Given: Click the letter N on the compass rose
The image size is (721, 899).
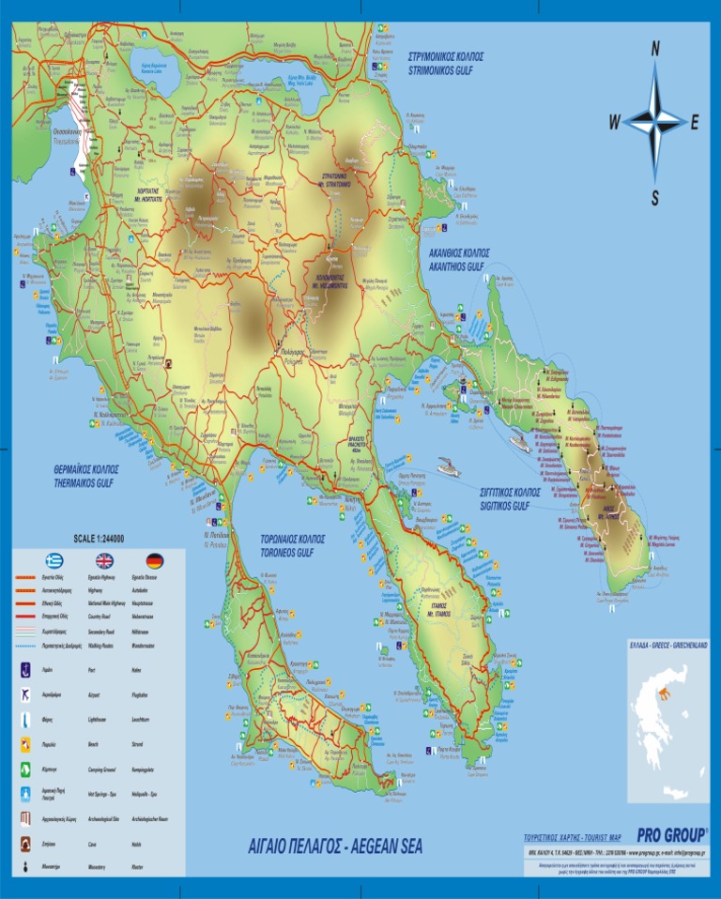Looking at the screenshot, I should (655, 50).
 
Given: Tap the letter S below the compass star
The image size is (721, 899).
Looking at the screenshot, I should (655, 198).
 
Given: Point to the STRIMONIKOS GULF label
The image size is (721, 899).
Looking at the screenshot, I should (446, 63).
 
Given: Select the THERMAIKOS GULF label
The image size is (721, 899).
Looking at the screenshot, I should (83, 476).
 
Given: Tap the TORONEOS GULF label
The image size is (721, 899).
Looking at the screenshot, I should (292, 547).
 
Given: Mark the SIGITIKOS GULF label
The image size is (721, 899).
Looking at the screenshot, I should (510, 498).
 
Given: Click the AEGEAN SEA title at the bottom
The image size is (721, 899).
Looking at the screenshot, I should (335, 847).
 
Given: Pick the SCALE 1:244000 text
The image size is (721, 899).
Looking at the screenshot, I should (99, 538).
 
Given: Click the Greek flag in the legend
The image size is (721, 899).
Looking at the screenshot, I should (54, 561).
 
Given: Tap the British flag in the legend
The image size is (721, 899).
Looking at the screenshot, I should (103, 561).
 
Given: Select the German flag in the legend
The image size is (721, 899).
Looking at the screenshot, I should (154, 561).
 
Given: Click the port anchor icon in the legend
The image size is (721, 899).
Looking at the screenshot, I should (25, 670).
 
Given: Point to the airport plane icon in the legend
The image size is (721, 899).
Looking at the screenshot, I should (25, 695).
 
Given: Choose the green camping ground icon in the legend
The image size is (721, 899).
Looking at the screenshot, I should (25, 769).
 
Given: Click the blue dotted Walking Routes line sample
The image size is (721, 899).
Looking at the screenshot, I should (25, 647).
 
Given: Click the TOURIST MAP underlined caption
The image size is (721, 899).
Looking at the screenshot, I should (573, 837).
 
